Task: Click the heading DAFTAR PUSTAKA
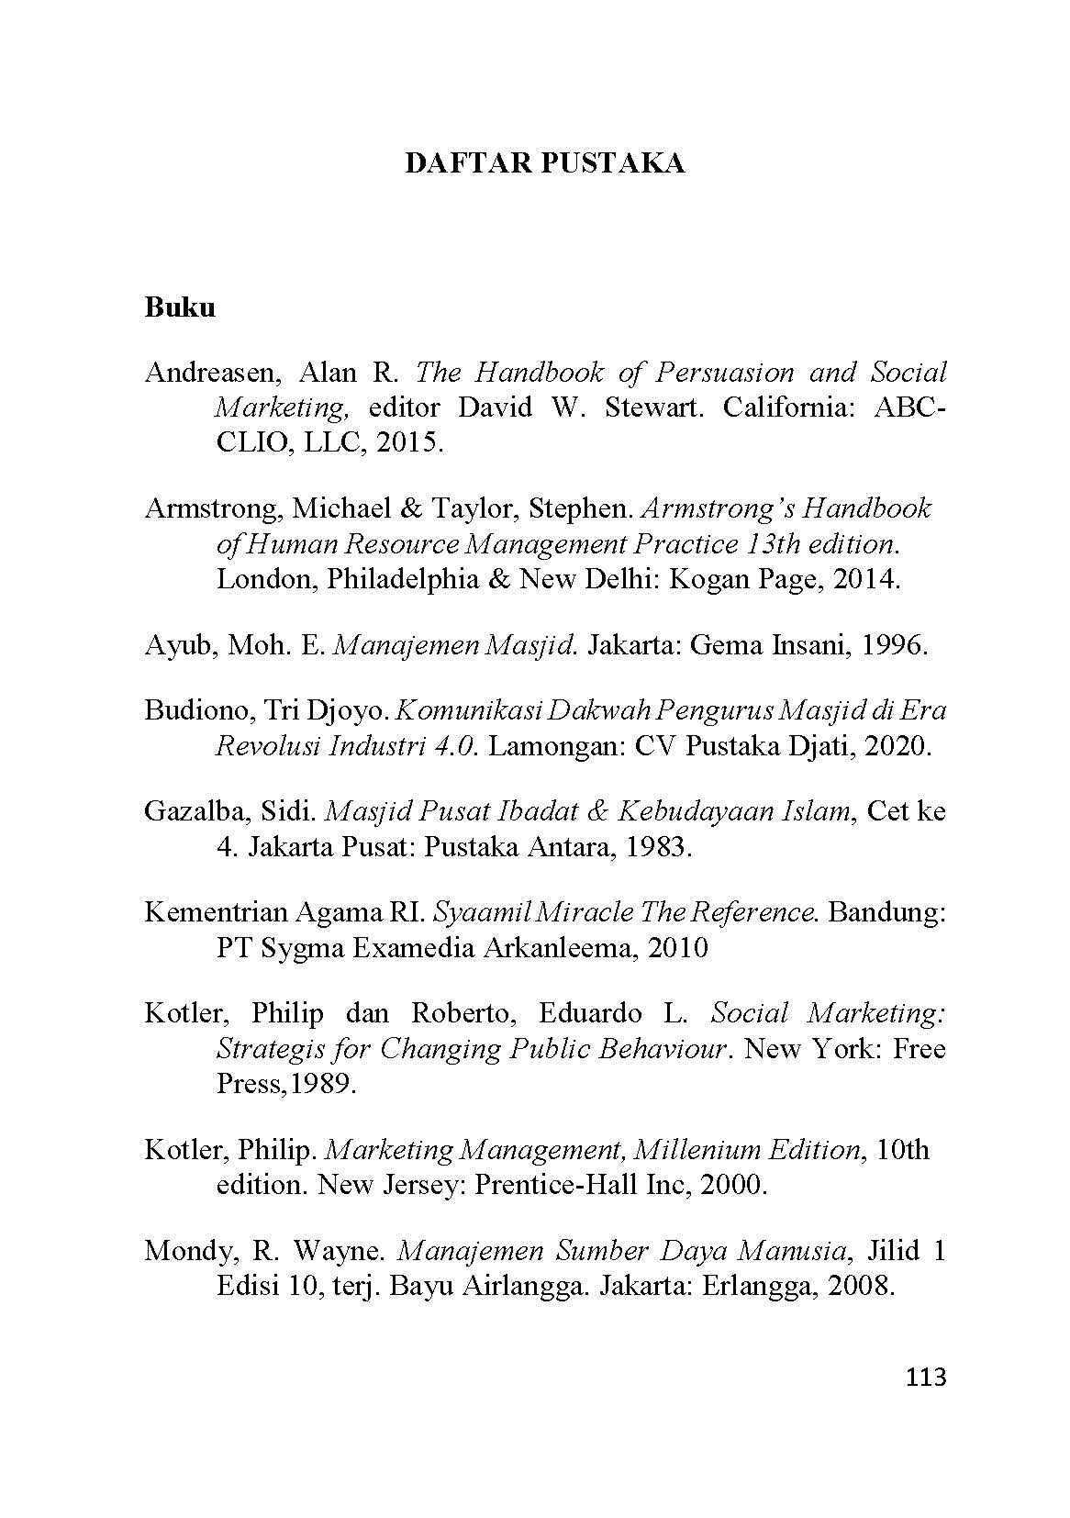[x=545, y=163]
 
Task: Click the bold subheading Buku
[x=180, y=307]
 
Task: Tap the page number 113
[x=925, y=1377]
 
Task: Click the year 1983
[x=655, y=847]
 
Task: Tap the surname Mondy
[x=183, y=1251]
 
